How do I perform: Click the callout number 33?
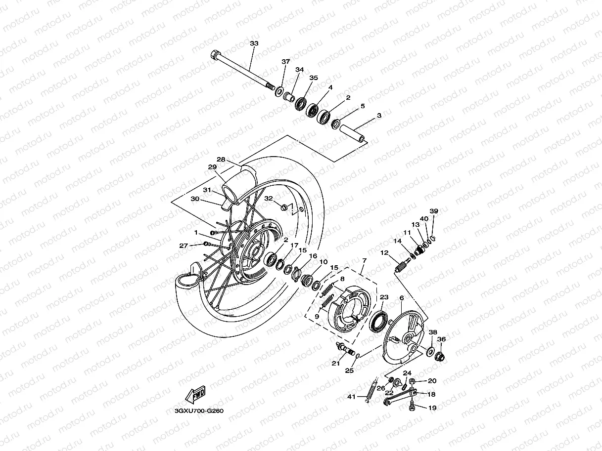point(254,43)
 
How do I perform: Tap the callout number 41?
point(351,397)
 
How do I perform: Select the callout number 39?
point(433,211)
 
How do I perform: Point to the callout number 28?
point(221,159)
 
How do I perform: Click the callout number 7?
point(364,260)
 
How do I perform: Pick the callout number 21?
point(336,364)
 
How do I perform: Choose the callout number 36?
point(441,339)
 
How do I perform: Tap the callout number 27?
point(184,246)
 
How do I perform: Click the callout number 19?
point(432,408)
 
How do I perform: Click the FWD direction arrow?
point(195,394)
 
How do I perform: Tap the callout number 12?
point(384,253)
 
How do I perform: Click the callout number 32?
point(269,198)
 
